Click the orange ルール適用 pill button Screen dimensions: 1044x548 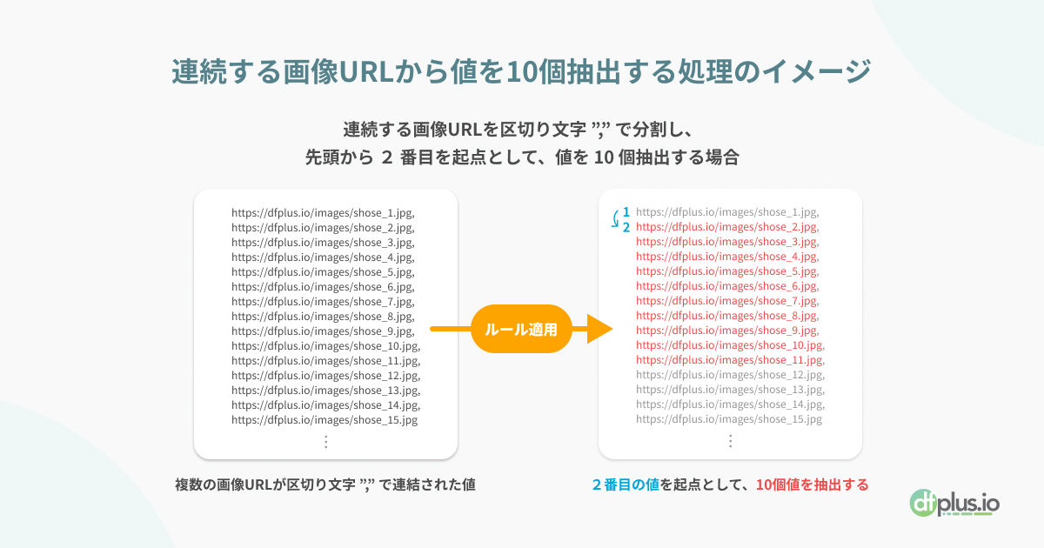[521, 329]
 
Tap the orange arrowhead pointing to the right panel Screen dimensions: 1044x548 [599, 329]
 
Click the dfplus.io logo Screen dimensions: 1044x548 [954, 504]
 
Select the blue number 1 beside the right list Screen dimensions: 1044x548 [626, 212]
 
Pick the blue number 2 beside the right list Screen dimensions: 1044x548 [626, 227]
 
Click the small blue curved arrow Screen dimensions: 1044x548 [615, 219]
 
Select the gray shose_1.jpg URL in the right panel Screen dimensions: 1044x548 [727, 212]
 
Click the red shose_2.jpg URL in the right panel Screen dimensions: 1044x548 [727, 227]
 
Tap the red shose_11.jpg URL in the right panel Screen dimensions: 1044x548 [730, 360]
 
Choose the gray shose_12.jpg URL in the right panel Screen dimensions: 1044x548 [730, 375]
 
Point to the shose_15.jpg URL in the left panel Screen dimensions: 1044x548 [325, 420]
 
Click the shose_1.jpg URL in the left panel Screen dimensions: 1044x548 [323, 213]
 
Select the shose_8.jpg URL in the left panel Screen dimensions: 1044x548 [323, 317]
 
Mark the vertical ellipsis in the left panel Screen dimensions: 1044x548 [325, 442]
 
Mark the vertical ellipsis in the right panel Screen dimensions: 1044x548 [730, 441]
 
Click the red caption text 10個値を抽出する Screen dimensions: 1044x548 [813, 485]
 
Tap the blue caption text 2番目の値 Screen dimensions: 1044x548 [626, 485]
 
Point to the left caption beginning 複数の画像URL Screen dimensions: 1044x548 [325, 485]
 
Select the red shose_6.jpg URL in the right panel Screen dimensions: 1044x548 [727, 286]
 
